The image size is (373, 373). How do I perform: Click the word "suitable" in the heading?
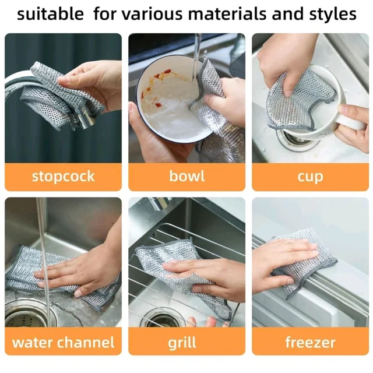(x=51, y=13)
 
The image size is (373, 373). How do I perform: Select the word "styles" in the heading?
(x=333, y=14)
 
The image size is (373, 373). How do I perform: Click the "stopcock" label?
(x=64, y=177)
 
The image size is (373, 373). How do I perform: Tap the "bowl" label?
(x=186, y=176)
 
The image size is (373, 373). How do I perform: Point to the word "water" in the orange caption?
(x=33, y=343)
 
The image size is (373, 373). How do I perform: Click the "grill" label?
(x=182, y=343)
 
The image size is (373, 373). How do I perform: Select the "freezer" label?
(x=310, y=342)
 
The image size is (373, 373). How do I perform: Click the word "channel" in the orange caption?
(x=86, y=342)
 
